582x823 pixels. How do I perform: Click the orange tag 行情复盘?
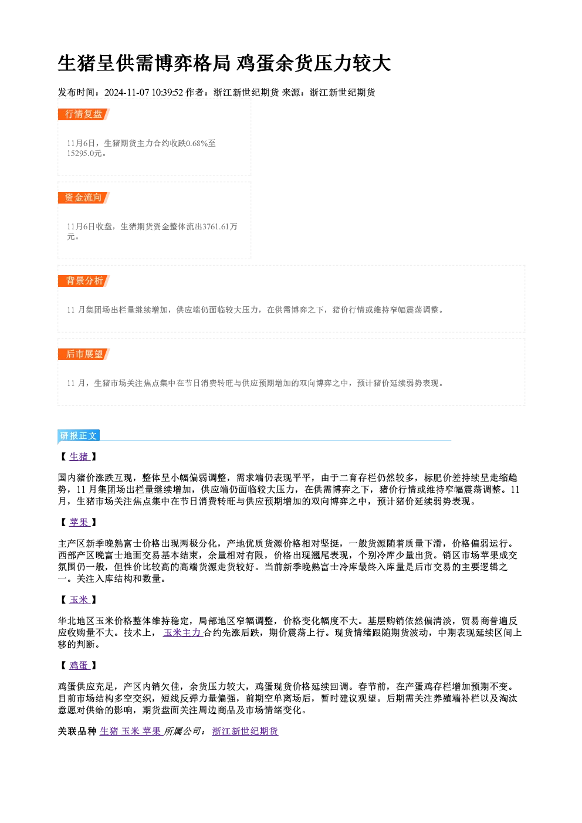click(84, 114)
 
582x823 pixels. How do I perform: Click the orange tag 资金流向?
click(84, 198)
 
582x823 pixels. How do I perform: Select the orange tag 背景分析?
click(84, 281)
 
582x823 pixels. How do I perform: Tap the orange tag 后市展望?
click(84, 354)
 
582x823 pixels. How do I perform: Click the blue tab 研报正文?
click(79, 436)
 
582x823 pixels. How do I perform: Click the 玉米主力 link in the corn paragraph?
click(182, 632)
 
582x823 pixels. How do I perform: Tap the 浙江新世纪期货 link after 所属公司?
click(245, 731)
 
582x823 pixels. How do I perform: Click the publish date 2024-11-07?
click(127, 93)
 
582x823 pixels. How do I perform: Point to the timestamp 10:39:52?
click(167, 93)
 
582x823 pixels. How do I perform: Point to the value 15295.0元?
click(84, 154)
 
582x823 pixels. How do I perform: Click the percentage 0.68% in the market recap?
click(197, 143)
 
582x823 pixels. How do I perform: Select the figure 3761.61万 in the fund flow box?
click(220, 226)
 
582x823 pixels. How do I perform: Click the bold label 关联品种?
click(77, 731)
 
